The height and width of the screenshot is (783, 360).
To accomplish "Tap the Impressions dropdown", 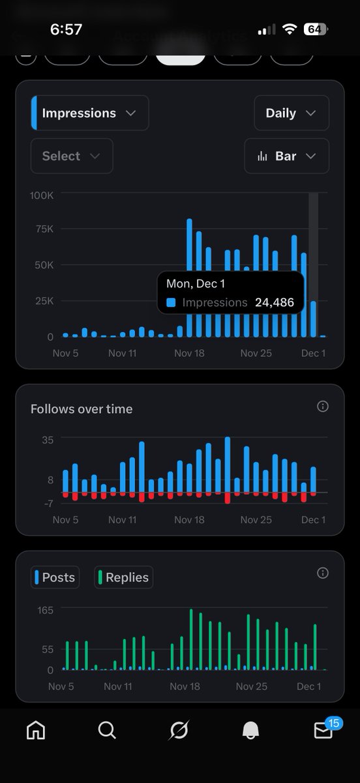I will (x=90, y=113).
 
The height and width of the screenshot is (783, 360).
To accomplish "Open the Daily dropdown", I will (x=291, y=113).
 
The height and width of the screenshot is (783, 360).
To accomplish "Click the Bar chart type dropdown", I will (x=286, y=156).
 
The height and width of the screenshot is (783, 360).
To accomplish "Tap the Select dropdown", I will (x=71, y=156).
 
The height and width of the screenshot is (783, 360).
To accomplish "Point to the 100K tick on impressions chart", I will (x=42, y=195).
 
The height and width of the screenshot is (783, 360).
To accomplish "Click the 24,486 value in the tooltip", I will (x=275, y=302).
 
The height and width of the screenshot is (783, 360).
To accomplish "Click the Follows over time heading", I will (x=82, y=409).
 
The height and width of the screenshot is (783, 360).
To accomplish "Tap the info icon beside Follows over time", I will (x=322, y=407).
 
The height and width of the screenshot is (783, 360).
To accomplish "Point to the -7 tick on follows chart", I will (x=48, y=503).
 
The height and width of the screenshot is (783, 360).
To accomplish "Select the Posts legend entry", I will (x=55, y=577).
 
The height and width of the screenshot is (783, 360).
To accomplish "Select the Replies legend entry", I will (x=124, y=577).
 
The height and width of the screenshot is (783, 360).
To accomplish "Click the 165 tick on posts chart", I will (x=45, y=609).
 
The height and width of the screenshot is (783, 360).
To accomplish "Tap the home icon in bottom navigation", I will (x=36, y=730).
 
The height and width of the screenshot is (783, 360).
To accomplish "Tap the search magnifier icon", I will (x=107, y=730).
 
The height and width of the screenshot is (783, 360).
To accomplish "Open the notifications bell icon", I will (x=250, y=731).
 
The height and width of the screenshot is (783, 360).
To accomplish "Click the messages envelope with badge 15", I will (x=323, y=730).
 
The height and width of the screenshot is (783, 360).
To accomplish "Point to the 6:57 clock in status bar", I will (x=66, y=29).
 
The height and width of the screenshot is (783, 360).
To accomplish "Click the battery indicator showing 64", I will (x=316, y=29).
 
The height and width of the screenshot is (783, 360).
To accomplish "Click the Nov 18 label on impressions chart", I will (x=189, y=353).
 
